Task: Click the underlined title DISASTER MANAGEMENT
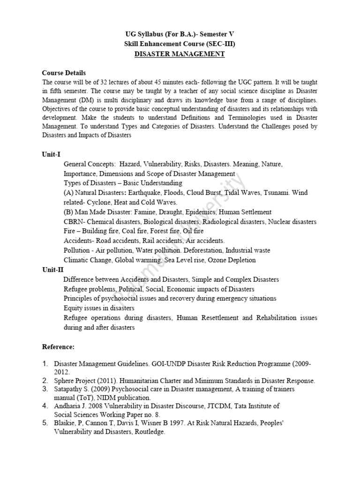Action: [180, 54]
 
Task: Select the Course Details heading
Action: [64, 73]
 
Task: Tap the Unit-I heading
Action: [51, 154]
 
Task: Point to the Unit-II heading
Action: [52, 270]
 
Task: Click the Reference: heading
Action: [58, 346]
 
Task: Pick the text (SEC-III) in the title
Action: [219, 44]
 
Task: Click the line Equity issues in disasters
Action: [99, 308]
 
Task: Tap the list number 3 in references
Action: [45, 389]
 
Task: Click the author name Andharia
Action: [69, 406]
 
